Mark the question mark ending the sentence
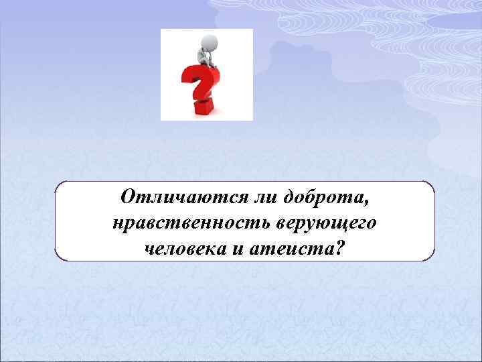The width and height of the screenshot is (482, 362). click(341, 249)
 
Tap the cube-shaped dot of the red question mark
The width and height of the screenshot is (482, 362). click(204, 107)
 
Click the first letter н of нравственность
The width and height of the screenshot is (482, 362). click(118, 225)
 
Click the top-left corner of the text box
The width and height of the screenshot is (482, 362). click(57, 182)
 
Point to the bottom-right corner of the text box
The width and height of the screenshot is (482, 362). click(433, 259)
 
